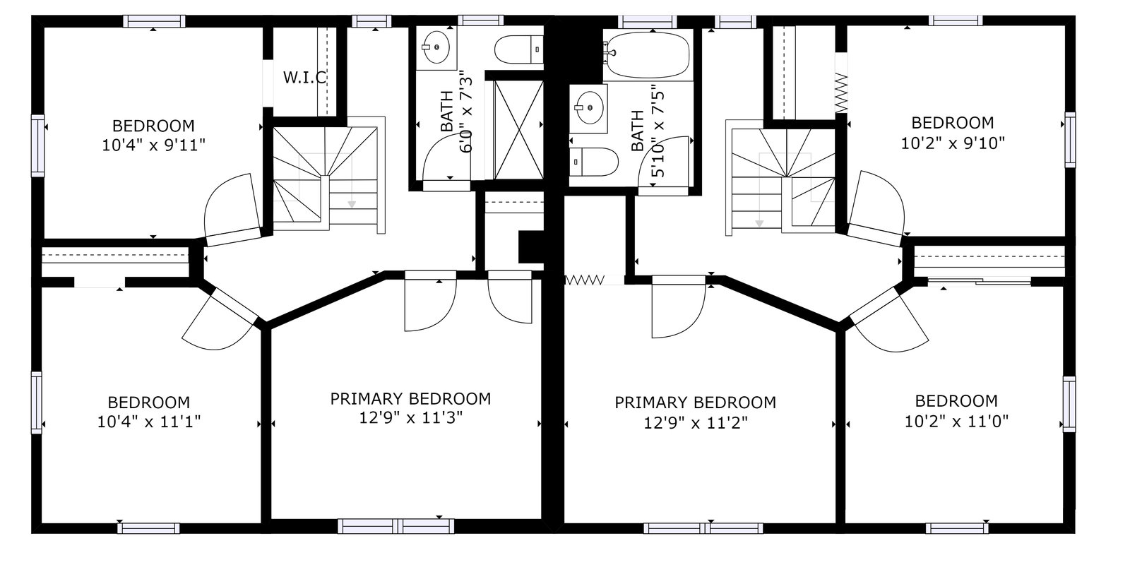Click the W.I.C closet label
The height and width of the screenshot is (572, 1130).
304,78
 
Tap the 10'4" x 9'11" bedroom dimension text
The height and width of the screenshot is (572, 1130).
153,145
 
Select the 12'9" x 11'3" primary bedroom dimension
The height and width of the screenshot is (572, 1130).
410,417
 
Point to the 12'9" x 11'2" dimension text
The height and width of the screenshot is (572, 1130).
695,423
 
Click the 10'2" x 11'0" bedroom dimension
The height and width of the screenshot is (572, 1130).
956,421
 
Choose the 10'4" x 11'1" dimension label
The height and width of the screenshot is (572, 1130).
149,421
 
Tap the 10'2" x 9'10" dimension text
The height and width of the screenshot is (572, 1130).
953,143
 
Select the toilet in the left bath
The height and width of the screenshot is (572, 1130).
518,49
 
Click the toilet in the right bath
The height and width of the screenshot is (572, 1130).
594,162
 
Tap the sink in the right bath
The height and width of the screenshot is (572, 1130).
589,107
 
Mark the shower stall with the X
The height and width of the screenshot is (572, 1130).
518,130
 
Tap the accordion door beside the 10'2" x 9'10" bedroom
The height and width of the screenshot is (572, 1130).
841,93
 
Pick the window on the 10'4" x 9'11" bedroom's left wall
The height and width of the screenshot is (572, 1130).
38,145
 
